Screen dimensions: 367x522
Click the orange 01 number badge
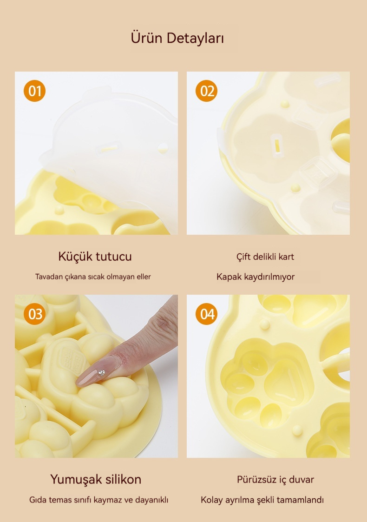pyautogui.click(x=34, y=91)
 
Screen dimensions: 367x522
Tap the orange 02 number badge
pyautogui.click(x=206, y=91)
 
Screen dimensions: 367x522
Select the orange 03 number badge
pyautogui.click(x=34, y=314)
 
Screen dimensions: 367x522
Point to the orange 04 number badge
pyautogui.click(x=206, y=314)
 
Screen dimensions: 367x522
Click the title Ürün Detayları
pyautogui.click(x=177, y=38)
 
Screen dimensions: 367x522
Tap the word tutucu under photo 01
pyautogui.click(x=114, y=257)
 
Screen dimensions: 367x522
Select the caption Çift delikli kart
pyautogui.click(x=265, y=257)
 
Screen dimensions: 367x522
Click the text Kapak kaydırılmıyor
pyautogui.click(x=256, y=277)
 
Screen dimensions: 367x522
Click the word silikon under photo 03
pyautogui.click(x=124, y=479)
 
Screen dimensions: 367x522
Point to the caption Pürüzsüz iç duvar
pyautogui.click(x=275, y=480)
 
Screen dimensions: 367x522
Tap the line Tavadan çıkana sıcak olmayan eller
pyautogui.click(x=93, y=277)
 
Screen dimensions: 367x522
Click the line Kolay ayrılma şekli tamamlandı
pyautogui.click(x=262, y=500)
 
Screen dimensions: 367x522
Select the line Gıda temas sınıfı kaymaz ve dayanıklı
pyautogui.click(x=99, y=500)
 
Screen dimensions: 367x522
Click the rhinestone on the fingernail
pyautogui.click(x=101, y=372)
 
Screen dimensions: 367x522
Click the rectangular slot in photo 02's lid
pyautogui.click(x=276, y=145)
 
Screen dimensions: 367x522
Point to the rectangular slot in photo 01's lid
pyautogui.click(x=109, y=148)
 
